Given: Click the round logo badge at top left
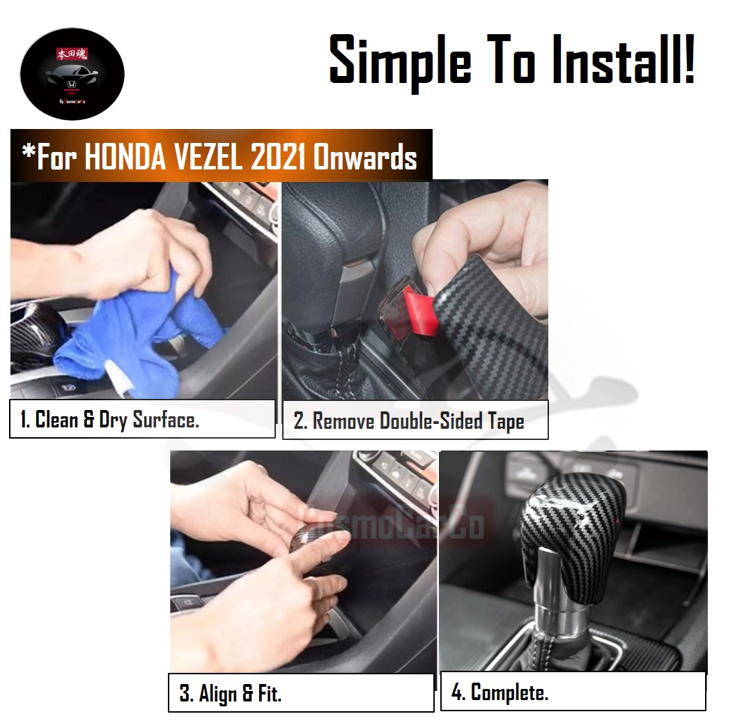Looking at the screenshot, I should coord(72,74).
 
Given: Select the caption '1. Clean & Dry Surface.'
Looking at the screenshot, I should coord(109,419).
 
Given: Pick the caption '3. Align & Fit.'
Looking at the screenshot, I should coord(230,694).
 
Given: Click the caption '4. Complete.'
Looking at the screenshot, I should coord(500,692).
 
